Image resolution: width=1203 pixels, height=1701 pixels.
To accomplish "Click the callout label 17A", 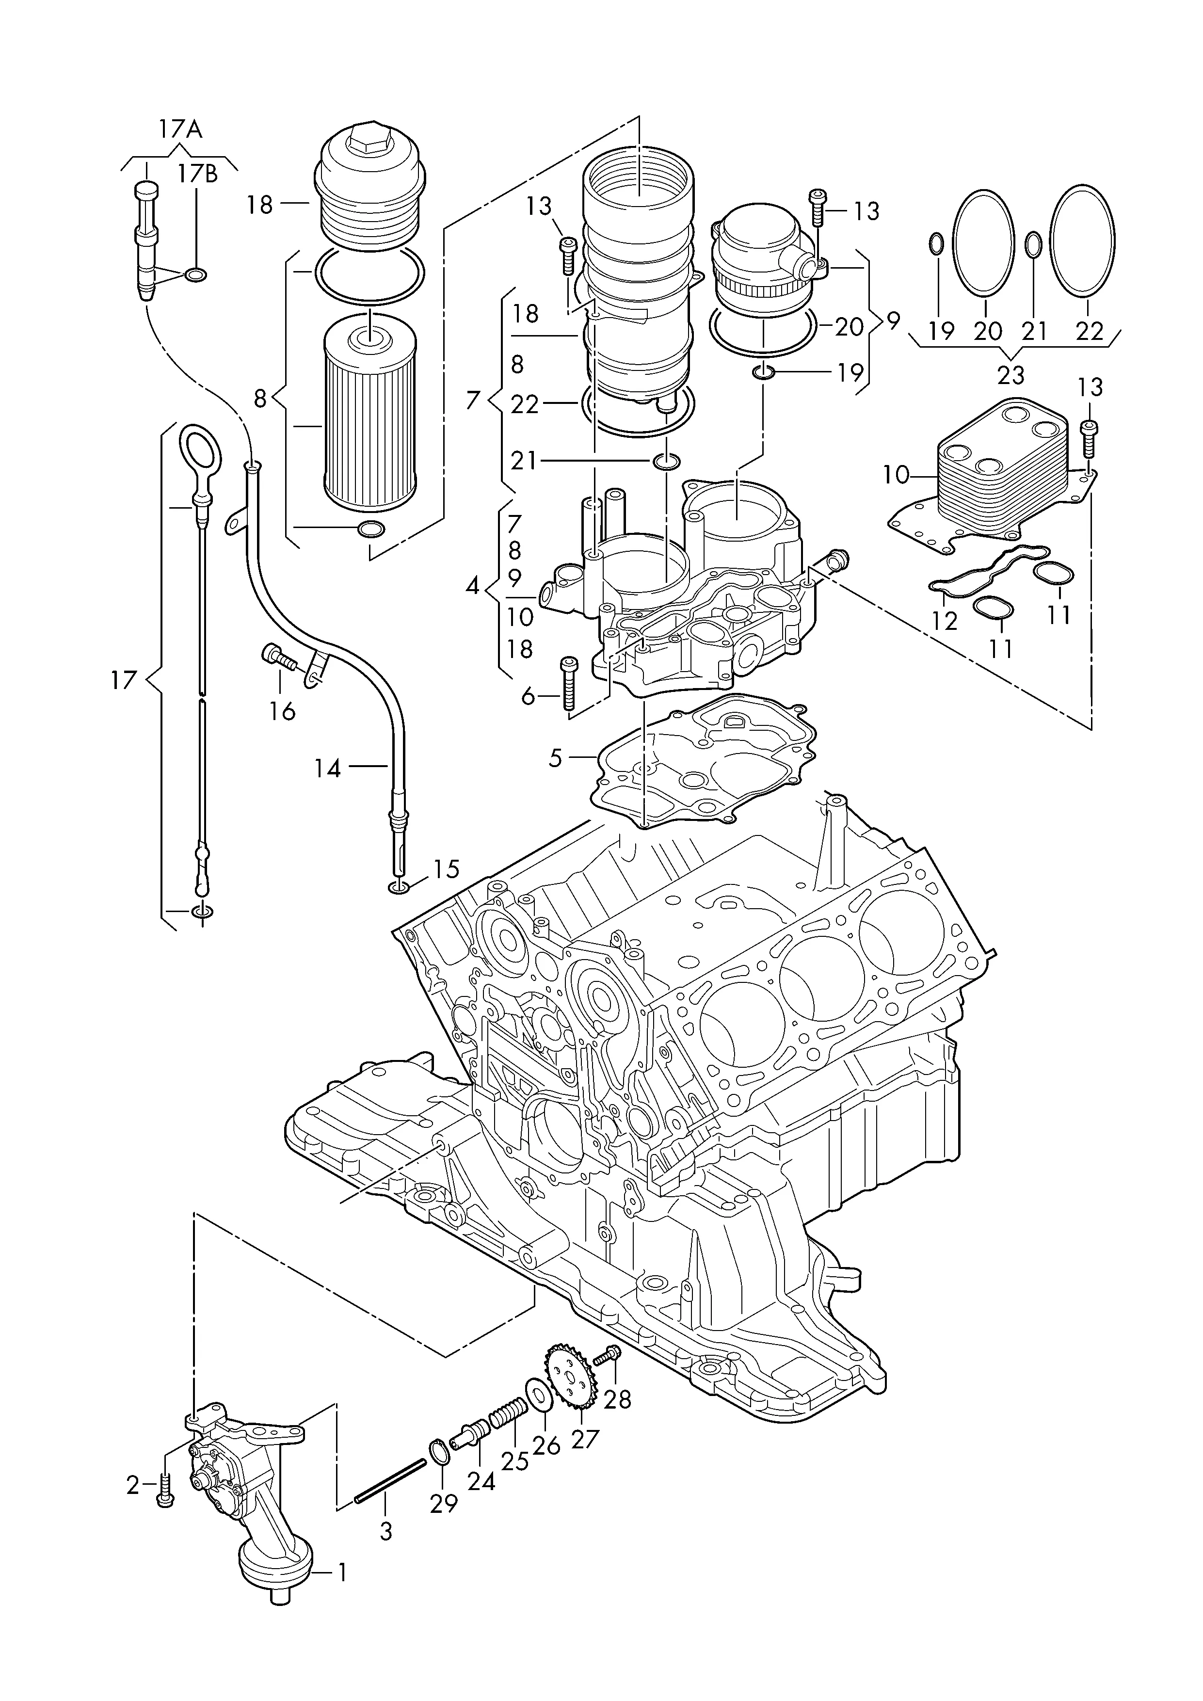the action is click(180, 129).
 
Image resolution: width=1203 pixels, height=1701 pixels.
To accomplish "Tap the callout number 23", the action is click(1011, 376).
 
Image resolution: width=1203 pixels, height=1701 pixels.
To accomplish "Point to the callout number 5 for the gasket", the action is click(556, 758).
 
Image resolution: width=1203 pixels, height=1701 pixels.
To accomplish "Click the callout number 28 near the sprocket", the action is click(617, 1399).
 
